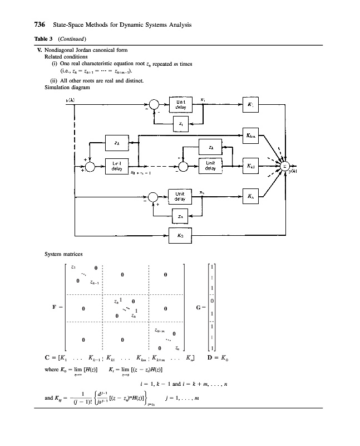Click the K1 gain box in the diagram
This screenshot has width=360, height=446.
pyautogui.click(x=249, y=105)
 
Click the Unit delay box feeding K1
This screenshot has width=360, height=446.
pyautogui.click(x=180, y=105)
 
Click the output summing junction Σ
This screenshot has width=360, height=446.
pyautogui.click(x=285, y=166)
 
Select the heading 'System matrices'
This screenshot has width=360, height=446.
pyautogui.click(x=63, y=254)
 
